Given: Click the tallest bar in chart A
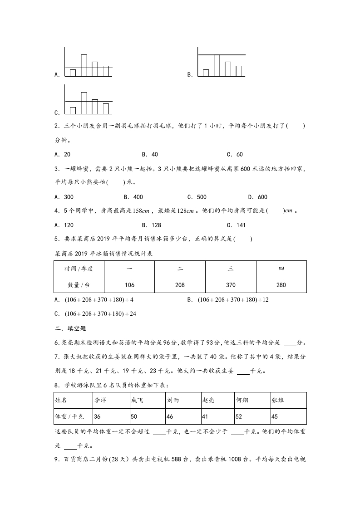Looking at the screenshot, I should tap(84, 65).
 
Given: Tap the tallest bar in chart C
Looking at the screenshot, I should tap(84, 103).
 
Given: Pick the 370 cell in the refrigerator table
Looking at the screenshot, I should tap(231, 284).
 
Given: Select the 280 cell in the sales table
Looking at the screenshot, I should tap(281, 284).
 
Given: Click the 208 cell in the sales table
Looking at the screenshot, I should tap(180, 284).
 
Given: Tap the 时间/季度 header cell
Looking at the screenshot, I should tap(79, 269).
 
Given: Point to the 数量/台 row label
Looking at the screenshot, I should tap(79, 284).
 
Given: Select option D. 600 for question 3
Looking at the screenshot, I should tap(257, 197).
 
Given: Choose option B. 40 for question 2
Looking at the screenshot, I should tap(150, 154).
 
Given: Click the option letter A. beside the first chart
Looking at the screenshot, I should tap(57, 75).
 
